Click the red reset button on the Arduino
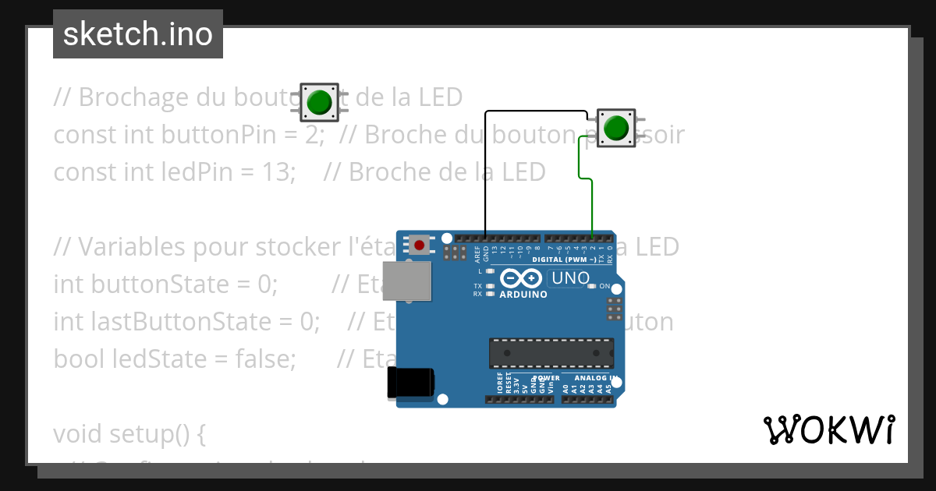click(x=420, y=245)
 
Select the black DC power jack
click(x=409, y=383)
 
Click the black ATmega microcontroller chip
click(x=551, y=353)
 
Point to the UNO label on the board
click(x=570, y=278)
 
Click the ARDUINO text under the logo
click(x=523, y=295)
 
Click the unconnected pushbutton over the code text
click(x=319, y=102)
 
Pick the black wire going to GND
click(x=485, y=171)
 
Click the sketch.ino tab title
click(x=138, y=34)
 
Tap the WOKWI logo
click(x=828, y=429)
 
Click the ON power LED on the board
click(x=592, y=286)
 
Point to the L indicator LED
click(x=490, y=272)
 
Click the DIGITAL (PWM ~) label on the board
click(x=565, y=259)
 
